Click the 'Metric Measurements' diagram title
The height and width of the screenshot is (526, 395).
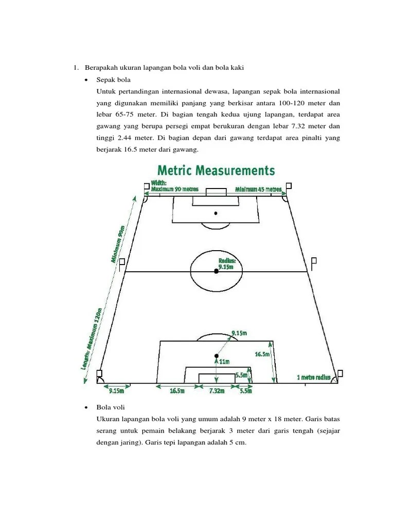coord(216,171)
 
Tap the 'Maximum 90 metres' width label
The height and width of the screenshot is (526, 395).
coord(175,189)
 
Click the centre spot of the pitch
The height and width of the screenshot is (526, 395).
coord(216,271)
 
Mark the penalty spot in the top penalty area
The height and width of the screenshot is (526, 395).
coord(216,213)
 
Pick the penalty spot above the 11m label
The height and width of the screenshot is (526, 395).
coord(217,355)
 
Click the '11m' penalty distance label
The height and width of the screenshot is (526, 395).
coord(225,362)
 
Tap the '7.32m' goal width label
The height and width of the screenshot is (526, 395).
coord(217,391)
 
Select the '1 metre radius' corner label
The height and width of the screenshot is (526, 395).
coord(313,377)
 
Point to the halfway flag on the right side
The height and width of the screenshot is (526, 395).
coord(314,264)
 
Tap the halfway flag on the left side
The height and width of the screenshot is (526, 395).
coord(122,264)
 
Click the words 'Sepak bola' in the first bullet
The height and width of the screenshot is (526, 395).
coord(114,80)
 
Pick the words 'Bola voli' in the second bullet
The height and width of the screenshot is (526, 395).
coord(111,407)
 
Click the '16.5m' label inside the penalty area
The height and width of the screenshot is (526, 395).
coord(262,354)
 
